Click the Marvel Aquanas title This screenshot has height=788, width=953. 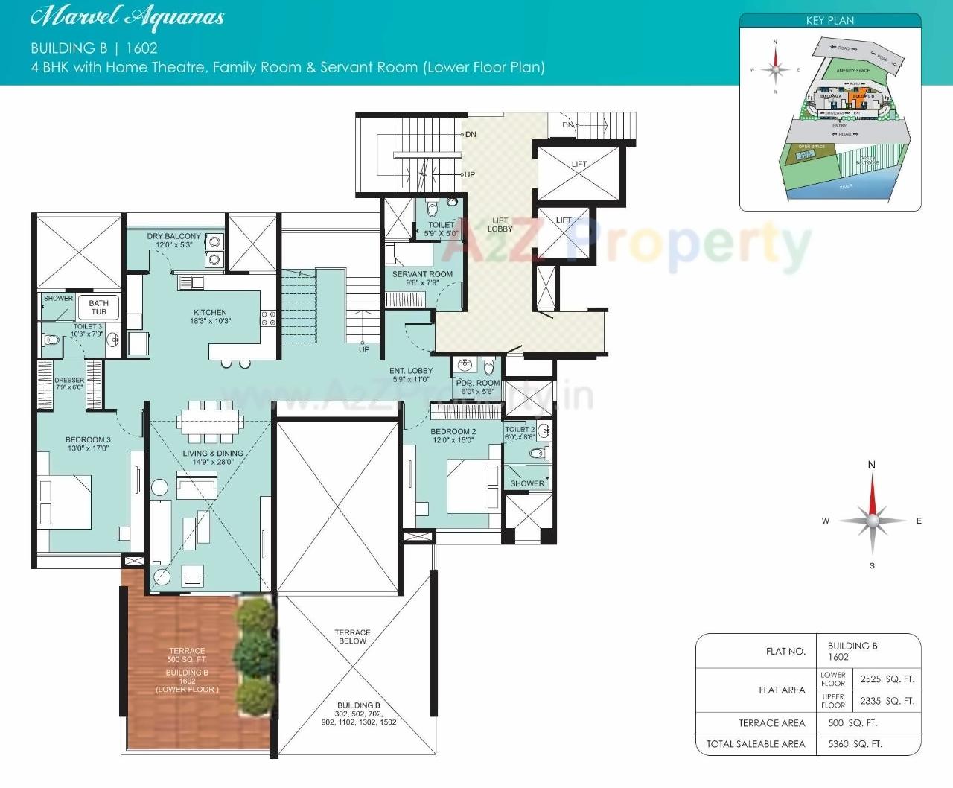tap(127, 16)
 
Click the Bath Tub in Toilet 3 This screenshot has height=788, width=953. tap(98, 307)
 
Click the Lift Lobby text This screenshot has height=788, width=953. tap(500, 224)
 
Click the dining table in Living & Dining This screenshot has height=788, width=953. tap(211, 418)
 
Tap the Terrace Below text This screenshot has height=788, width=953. tap(352, 636)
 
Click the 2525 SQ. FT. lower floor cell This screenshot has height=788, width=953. tap(887, 679)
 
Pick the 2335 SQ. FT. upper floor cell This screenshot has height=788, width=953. tap(887, 701)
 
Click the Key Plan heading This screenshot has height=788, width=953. tap(830, 21)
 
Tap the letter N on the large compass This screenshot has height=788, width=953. tap(872, 465)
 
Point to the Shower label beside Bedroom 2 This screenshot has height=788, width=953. tap(527, 483)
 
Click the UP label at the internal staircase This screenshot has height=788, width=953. tap(364, 349)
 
